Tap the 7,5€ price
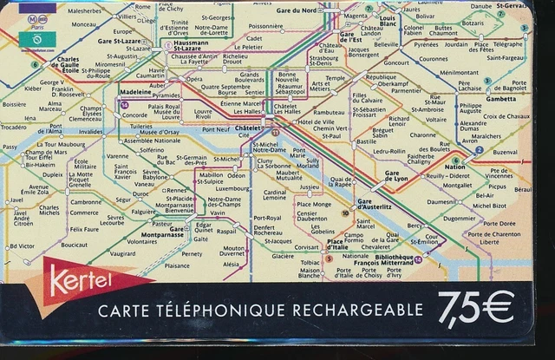pyautogui.click(x=475, y=307)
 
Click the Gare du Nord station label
pyautogui.click(x=296, y=10)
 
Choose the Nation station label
pyautogui.click(x=454, y=167)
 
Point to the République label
pyautogui.click(x=382, y=77)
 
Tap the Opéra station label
pyautogui.click(x=194, y=79)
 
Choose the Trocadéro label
pyautogui.click(x=14, y=127)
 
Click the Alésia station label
pyautogui.click(x=231, y=264)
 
